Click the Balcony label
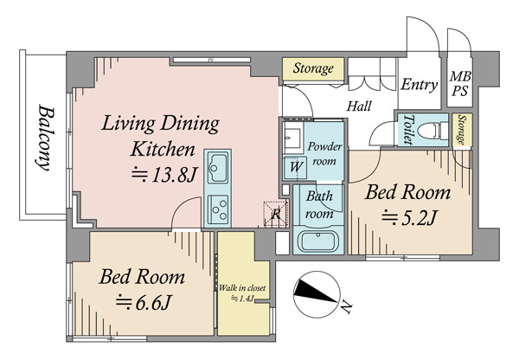[46, 138]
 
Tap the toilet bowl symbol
[432, 130]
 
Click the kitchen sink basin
[217, 168]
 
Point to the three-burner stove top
[218, 209]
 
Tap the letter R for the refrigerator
[276, 215]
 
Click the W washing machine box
[296, 167]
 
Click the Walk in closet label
[242, 288]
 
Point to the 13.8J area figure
[164, 175]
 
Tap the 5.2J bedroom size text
[409, 218]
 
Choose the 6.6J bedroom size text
[143, 303]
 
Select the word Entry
[420, 85]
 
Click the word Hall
[359, 106]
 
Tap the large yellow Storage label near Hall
[313, 68]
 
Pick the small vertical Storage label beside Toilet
[461, 130]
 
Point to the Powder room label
[324, 154]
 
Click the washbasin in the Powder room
[292, 137]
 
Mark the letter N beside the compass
[346, 307]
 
